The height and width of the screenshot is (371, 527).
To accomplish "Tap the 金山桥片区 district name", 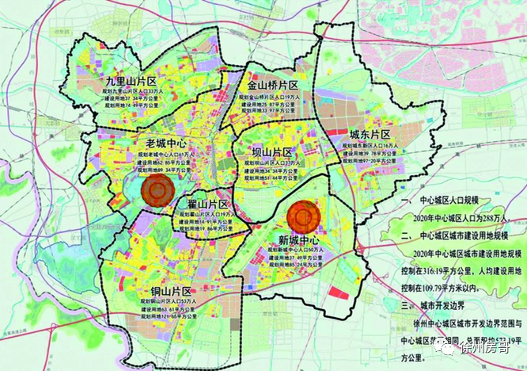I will coord(272,85).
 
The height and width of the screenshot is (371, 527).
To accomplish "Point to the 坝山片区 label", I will coord(270,152).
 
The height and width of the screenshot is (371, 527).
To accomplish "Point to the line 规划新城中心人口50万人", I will coord(301,250).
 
